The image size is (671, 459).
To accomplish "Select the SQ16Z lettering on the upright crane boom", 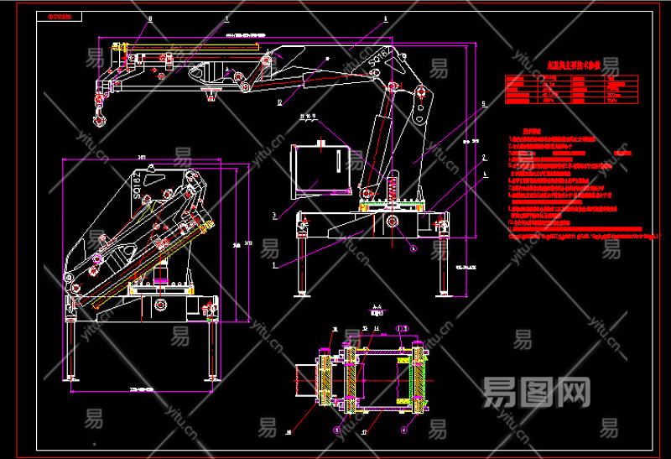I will click(383, 58).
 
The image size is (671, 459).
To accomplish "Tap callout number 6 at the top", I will click(385, 17).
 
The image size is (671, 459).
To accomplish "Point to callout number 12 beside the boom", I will click(279, 103).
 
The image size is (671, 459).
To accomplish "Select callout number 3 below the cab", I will click(274, 216).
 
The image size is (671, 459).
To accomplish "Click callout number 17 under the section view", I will click(364, 434).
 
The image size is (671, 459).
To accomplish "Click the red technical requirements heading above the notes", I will click(533, 132).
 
